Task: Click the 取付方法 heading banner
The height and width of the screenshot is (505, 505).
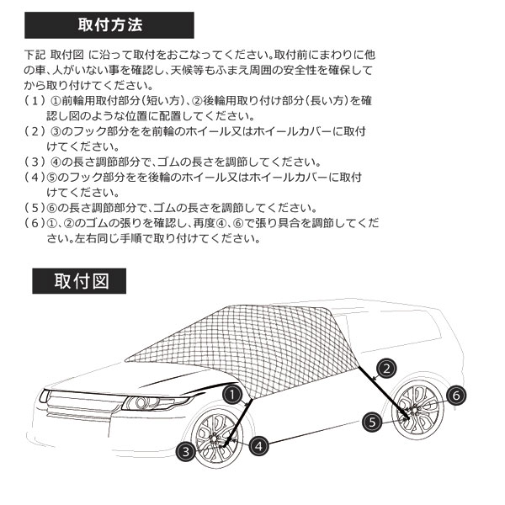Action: click(x=109, y=25)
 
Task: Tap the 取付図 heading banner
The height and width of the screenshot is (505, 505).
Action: click(x=79, y=281)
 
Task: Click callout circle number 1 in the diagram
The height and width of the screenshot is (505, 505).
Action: click(x=232, y=395)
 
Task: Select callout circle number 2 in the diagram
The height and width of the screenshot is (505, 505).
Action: click(x=387, y=369)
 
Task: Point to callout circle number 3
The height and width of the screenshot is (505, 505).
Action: click(x=185, y=451)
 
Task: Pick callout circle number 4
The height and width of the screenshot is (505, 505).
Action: click(x=259, y=446)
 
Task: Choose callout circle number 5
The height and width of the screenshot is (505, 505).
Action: click(x=372, y=423)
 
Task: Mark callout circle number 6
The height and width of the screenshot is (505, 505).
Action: click(x=456, y=396)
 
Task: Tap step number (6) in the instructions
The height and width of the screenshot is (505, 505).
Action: click(x=35, y=223)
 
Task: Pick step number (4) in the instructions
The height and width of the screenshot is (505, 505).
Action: click(x=35, y=177)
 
